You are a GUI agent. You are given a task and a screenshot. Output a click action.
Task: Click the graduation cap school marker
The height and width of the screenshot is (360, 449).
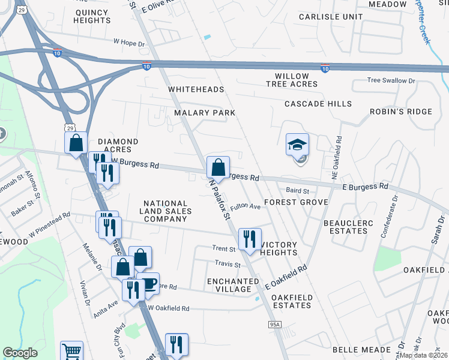[x=297, y=145]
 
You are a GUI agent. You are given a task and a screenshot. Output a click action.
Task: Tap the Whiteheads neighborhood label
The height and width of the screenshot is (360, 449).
[x=196, y=89]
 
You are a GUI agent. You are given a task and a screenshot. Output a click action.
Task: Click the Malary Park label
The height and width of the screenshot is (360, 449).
[x=204, y=113]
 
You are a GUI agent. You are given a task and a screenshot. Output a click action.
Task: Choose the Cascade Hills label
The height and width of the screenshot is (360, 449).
[x=318, y=104]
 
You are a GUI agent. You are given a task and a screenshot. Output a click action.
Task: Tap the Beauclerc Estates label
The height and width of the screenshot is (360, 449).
[x=348, y=227]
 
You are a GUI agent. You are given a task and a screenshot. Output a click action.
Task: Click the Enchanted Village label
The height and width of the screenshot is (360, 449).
[x=229, y=285]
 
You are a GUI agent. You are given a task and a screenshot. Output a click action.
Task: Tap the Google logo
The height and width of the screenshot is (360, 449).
[x=20, y=353]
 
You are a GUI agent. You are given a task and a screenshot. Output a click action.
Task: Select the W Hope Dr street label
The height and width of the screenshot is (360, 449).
[x=130, y=43]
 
